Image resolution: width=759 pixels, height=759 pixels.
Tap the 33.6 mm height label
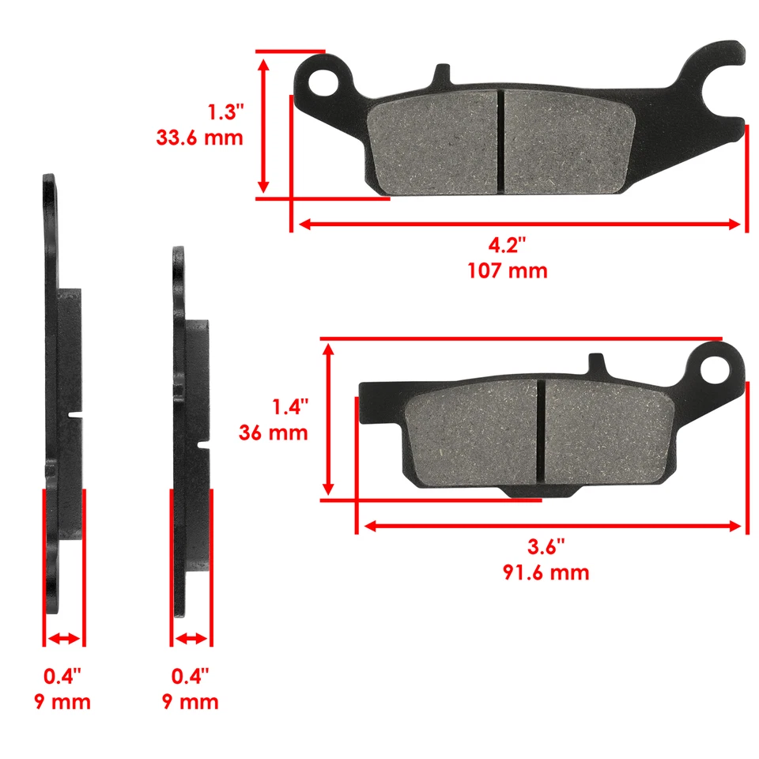coord(200,138)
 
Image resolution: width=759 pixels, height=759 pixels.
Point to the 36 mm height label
coord(273,433)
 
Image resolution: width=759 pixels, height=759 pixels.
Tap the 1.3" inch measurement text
coord(224,111)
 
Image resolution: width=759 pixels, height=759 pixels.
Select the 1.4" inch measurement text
coord(289,408)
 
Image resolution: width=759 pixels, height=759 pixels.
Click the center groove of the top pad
coord(500,141)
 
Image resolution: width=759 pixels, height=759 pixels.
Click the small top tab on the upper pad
coord(440,75)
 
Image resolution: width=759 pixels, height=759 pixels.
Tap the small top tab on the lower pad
coord(599,367)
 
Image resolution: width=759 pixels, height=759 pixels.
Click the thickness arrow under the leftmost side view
coord(63,638)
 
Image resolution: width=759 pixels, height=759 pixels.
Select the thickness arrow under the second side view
coord(191,638)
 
